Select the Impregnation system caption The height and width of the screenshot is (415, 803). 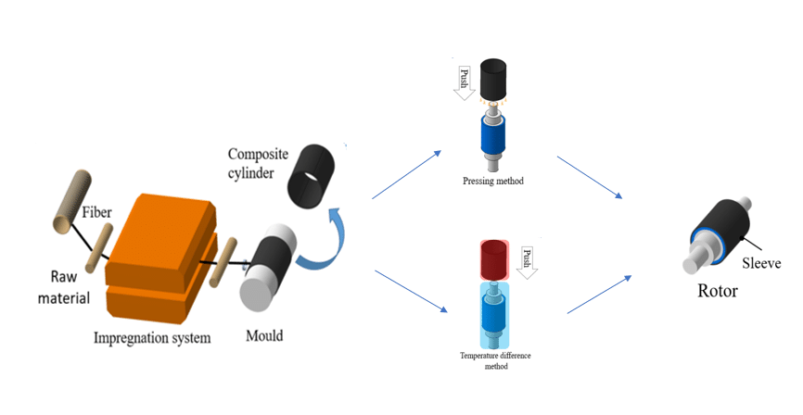[x=152, y=337]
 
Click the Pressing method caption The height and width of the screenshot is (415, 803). [x=493, y=182]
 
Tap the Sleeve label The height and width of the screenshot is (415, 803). [x=762, y=263]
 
